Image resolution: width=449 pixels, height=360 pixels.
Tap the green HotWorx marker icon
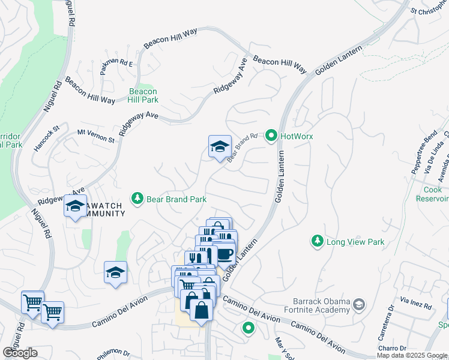271,137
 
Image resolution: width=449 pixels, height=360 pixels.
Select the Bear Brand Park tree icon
137,199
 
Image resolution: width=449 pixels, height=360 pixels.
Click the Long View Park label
355,242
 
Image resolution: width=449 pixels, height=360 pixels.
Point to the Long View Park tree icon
316,241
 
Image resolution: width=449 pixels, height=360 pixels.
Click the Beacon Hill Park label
143,95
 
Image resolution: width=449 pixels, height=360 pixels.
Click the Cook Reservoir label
433,194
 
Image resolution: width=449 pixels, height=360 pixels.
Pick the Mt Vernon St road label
96,135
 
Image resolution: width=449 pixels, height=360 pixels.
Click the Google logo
20,353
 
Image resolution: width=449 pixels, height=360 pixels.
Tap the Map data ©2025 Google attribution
412,355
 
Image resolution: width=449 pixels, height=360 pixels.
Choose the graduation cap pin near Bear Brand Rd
220,146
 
